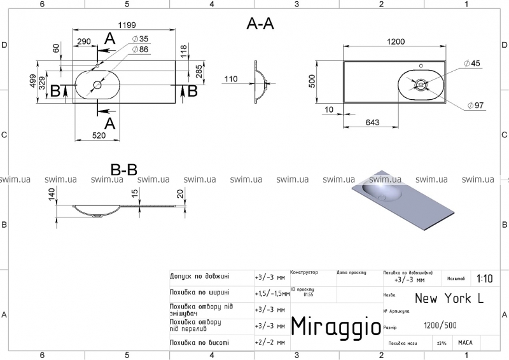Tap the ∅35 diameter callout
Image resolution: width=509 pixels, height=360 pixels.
tap(140, 39)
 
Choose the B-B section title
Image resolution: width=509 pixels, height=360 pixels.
tap(124, 170)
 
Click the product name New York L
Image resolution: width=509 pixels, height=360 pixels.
tap(443, 298)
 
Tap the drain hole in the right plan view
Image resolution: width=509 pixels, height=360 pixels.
tap(421, 84)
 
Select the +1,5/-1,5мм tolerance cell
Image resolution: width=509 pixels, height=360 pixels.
tap(270, 293)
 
